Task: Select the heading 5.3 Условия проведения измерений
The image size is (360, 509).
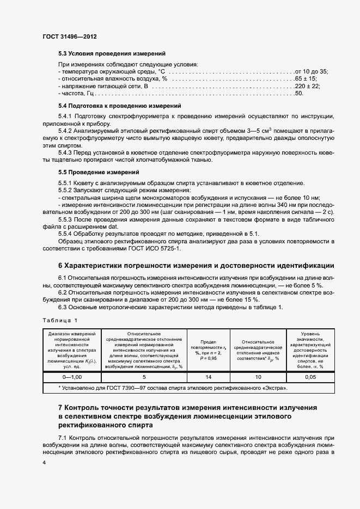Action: point(112,53)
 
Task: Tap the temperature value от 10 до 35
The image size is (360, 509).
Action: point(311,72)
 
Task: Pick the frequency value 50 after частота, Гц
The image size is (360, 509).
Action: point(298,94)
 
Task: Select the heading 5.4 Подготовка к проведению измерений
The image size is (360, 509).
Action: point(119,105)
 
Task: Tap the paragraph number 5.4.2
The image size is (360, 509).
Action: point(66,131)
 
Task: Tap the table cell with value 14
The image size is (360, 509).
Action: point(209,376)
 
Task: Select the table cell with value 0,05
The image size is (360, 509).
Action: point(310,376)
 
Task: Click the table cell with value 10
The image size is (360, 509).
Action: point(258,376)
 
